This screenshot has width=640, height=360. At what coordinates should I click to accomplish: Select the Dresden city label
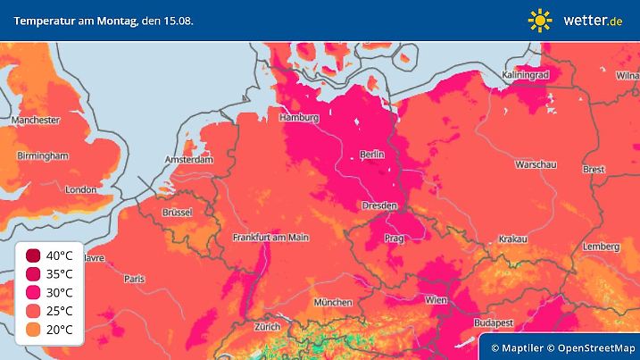click(379, 205)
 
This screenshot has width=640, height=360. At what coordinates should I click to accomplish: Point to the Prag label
click(395, 239)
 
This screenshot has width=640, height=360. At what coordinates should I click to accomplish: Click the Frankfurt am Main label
click(270, 237)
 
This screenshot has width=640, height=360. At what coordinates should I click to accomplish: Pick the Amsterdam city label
click(188, 160)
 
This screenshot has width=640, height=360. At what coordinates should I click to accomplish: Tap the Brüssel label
click(178, 212)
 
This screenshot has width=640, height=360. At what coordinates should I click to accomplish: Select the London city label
click(80, 189)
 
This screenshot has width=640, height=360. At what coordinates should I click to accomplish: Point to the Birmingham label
click(43, 155)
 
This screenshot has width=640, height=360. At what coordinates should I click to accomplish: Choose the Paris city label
click(135, 279)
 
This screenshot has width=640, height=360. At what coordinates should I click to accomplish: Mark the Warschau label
click(536, 165)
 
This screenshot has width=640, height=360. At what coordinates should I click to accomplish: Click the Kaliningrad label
click(524, 75)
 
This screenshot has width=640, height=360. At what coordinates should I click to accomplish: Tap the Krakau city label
click(513, 239)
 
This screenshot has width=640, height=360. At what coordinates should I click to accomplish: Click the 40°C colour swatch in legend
click(32, 255)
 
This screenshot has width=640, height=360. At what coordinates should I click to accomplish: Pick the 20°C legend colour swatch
click(32, 331)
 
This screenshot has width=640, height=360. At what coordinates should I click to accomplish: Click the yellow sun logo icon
click(540, 20)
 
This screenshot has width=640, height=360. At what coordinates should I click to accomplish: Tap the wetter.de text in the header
click(592, 20)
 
